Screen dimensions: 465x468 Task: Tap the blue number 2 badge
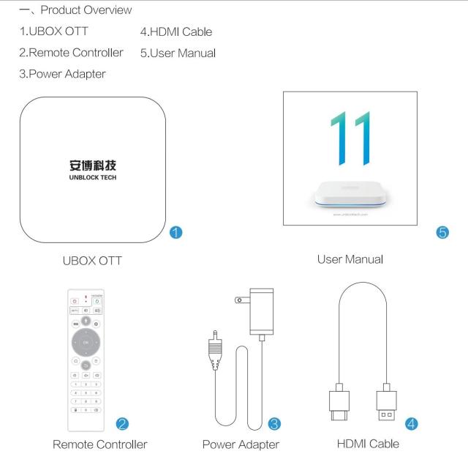[x=124, y=423]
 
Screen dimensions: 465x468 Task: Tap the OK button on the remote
[x=86, y=342]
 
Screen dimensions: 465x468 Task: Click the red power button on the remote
[x=74, y=301]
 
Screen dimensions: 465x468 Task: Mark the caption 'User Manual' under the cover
[x=350, y=258]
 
